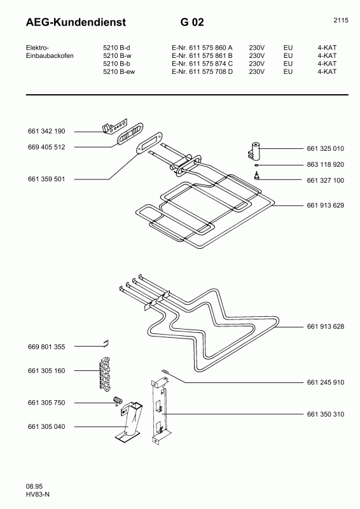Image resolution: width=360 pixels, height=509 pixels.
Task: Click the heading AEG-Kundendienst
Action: click(x=76, y=23)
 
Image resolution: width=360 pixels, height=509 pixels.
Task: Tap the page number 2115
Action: click(x=340, y=20)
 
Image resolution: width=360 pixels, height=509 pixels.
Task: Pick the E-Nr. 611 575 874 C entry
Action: click(x=202, y=64)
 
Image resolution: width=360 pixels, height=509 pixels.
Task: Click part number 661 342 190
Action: click(x=47, y=131)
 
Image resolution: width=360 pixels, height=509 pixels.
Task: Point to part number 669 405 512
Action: click(x=47, y=147)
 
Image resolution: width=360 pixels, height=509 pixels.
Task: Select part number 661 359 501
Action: click(x=47, y=179)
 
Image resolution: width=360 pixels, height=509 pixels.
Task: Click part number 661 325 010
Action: click(x=325, y=148)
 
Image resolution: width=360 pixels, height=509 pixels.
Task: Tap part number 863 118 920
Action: click(x=325, y=164)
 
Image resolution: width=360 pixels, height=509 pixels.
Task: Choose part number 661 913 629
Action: click(x=325, y=206)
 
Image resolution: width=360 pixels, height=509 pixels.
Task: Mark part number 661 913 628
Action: click(x=325, y=326)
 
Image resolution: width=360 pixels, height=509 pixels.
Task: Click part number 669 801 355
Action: click(x=47, y=347)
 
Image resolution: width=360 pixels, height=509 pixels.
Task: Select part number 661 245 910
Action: click(x=325, y=382)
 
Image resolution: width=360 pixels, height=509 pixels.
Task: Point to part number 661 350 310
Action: click(x=325, y=414)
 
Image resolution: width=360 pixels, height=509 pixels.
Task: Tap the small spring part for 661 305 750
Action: click(x=117, y=400)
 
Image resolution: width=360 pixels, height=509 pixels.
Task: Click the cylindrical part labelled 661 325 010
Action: click(x=254, y=150)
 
